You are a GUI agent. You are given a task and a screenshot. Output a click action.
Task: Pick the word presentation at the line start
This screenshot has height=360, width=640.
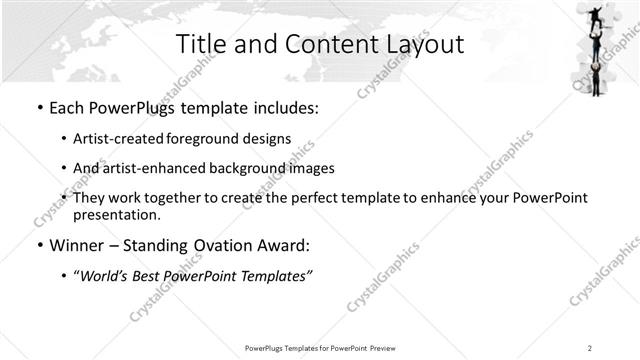click(115, 214)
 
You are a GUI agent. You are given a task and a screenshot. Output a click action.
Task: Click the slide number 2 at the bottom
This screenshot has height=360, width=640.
click(590, 347)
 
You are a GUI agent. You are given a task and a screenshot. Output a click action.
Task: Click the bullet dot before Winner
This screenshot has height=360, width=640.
click(38, 245)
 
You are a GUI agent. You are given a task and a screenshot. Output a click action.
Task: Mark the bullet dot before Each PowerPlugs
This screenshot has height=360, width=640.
click(38, 105)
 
